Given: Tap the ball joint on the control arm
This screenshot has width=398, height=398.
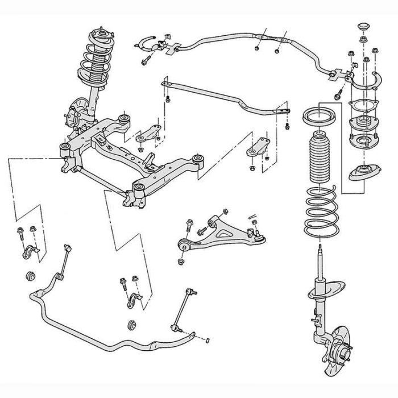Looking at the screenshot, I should tap(258, 234).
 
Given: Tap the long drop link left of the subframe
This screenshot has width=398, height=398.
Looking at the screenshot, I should tap(66, 262).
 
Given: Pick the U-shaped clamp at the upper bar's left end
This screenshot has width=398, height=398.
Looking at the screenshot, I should tap(148, 42).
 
